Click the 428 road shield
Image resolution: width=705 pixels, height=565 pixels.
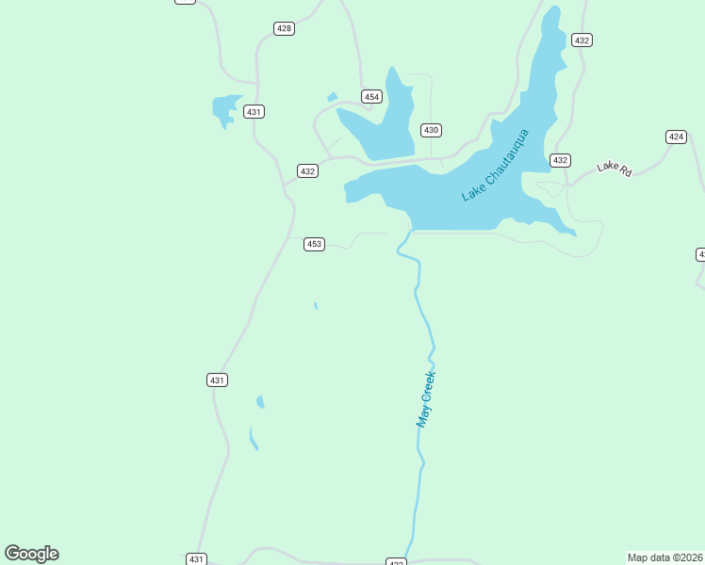pyautogui.click(x=284, y=28)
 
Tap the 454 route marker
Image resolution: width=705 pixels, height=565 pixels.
pyautogui.click(x=371, y=97)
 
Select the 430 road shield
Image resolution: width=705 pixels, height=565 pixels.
pyautogui.click(x=431, y=130)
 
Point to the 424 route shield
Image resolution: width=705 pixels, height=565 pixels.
pyautogui.click(x=676, y=137)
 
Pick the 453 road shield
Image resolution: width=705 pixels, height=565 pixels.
pyautogui.click(x=314, y=244)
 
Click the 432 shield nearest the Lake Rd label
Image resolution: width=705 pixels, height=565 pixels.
pyautogui.click(x=560, y=160)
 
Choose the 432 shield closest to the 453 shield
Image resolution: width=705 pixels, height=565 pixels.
pyautogui.click(x=307, y=170)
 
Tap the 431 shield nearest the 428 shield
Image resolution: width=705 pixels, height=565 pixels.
pyautogui.click(x=254, y=111)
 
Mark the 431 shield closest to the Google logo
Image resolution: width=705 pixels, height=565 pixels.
pyautogui.click(x=195, y=558)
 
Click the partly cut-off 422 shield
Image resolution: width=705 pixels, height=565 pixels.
pyautogui.click(x=396, y=562)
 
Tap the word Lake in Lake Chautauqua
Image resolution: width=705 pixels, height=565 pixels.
pyautogui.click(x=471, y=191)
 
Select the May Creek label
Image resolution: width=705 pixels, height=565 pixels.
pyautogui.click(x=426, y=399)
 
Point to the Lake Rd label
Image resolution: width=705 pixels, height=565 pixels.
pyautogui.click(x=614, y=168)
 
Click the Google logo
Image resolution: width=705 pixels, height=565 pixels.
pyautogui.click(x=31, y=554)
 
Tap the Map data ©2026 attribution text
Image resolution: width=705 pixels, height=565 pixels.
pyautogui.click(x=664, y=557)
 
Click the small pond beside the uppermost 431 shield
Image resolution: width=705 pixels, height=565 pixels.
pyautogui.click(x=226, y=108)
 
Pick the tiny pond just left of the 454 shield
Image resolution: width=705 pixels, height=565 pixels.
pyautogui.click(x=332, y=96)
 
